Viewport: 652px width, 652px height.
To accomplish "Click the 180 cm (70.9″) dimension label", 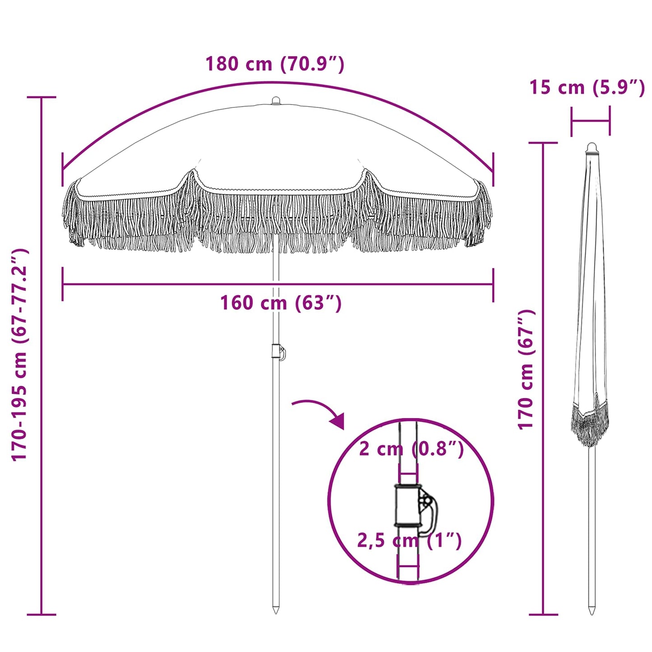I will (x=275, y=64).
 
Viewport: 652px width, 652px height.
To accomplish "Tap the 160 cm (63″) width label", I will (x=281, y=303).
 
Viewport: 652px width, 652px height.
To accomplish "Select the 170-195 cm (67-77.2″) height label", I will (x=20, y=355).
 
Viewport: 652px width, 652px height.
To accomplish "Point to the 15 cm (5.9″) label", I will (x=587, y=87).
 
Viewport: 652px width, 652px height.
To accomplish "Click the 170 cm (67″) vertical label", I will (x=526, y=370).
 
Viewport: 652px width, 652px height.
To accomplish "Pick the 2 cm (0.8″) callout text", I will (x=411, y=449).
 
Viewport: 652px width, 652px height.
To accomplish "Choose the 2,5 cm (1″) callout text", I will (x=409, y=540).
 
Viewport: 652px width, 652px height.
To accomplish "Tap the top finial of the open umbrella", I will (x=276, y=101).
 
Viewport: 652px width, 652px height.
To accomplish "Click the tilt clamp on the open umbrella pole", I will (x=278, y=352).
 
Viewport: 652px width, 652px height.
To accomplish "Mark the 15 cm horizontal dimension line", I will (x=590, y=121).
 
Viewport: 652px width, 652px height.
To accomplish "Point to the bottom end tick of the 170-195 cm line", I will (x=42, y=614).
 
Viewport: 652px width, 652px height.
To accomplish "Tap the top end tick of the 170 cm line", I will (x=543, y=143).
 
